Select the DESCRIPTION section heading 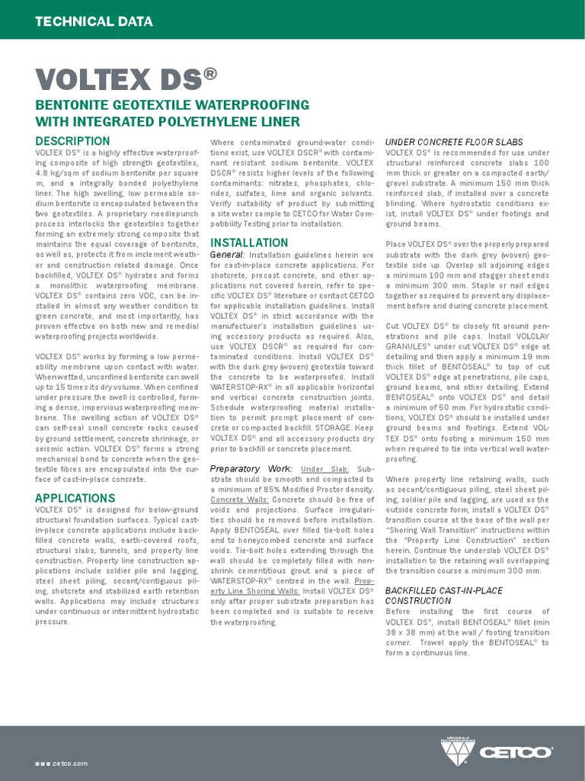pyautogui.click(x=72, y=141)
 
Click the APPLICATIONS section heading pyautogui.click(x=75, y=498)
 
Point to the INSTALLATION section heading pyautogui.click(x=248, y=243)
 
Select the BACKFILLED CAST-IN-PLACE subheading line pyautogui.click(x=443, y=590)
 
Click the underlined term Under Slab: pyautogui.click(x=325, y=468)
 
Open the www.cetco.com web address pyautogui.click(x=61, y=763)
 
